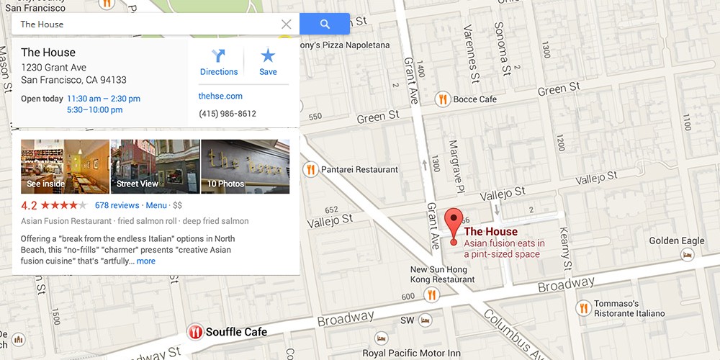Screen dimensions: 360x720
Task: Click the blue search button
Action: (x=324, y=24)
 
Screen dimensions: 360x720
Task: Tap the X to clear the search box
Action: (x=286, y=24)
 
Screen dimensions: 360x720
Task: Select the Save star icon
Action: (x=268, y=55)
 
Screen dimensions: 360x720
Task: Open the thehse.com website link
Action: (x=220, y=96)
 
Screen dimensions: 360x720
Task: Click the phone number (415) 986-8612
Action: (x=228, y=114)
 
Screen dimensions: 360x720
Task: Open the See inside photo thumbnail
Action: (x=65, y=166)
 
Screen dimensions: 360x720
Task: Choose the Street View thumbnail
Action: (x=155, y=166)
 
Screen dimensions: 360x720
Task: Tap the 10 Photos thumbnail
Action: (x=245, y=166)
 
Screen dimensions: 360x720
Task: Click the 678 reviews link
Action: (x=117, y=205)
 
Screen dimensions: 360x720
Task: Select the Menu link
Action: (x=156, y=205)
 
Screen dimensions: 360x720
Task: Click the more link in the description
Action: (x=145, y=261)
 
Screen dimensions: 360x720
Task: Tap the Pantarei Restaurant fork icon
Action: (x=310, y=169)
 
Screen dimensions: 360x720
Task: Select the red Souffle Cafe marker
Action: (x=194, y=332)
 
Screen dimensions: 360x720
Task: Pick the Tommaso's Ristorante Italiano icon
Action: (x=583, y=308)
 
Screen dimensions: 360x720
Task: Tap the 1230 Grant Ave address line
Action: (x=53, y=68)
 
